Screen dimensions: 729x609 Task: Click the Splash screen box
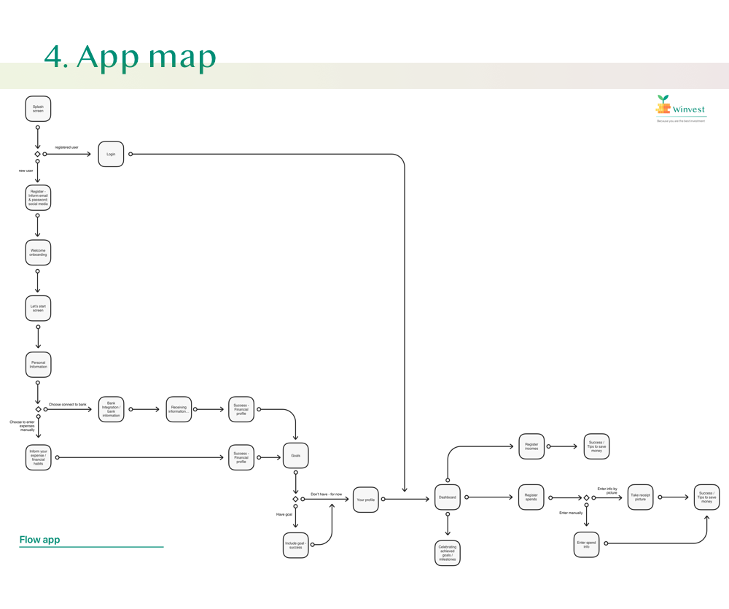pos(38,109)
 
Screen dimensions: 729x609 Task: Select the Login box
pos(111,154)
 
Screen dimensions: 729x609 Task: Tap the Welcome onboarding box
pos(38,252)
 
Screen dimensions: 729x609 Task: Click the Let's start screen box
pos(38,309)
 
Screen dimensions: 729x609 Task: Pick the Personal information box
pos(38,365)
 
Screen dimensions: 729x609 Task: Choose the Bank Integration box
pos(111,409)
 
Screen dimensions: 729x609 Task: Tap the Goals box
pos(295,456)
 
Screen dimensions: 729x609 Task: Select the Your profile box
pos(366,500)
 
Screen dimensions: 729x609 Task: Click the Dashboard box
pos(448,497)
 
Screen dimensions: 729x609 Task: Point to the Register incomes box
pos(531,446)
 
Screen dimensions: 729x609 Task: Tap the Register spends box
pos(531,497)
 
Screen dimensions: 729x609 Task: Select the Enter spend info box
pos(586,544)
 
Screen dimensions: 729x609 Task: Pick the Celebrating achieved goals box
pos(448,553)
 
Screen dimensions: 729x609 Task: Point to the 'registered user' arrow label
pos(66,147)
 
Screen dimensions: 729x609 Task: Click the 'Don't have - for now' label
pos(326,494)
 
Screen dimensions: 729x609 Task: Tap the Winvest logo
pos(679,108)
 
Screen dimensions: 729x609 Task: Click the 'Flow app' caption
pos(40,540)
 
